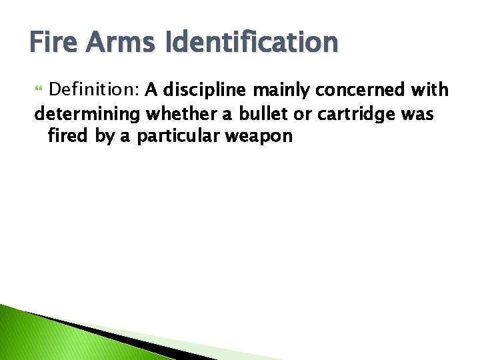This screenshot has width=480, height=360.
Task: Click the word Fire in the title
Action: point(52,43)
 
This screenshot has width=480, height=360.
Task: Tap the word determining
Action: point(87,114)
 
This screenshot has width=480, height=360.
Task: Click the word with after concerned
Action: point(433,89)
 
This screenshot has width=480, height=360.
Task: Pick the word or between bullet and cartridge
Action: point(303,114)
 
